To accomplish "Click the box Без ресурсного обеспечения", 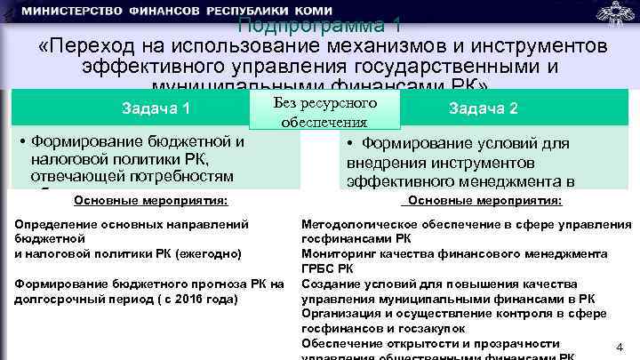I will coord(325,112).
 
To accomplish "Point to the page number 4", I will coord(620,348).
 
